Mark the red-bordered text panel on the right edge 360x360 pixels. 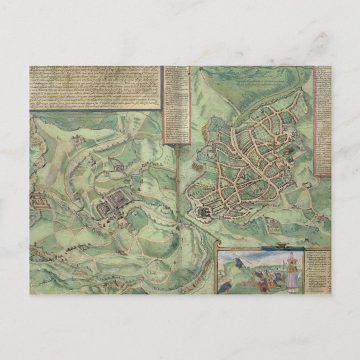(x=323, y=120)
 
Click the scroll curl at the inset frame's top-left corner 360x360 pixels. (x=219, y=252)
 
